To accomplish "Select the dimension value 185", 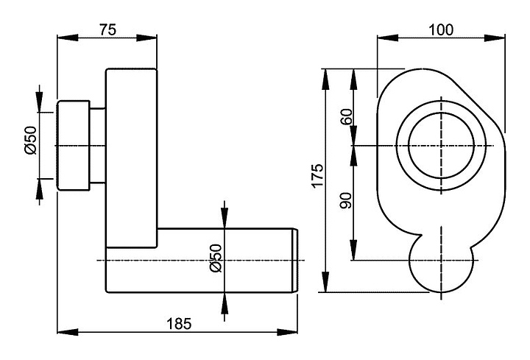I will tap(179, 322).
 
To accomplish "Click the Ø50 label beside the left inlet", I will tap(30, 140).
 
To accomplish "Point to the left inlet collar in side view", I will tap(74, 146).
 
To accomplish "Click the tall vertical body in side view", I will tap(131, 147).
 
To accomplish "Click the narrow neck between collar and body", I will tap(98, 146).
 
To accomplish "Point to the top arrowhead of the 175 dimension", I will tap(325, 74).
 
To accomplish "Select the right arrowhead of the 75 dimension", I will tap(152, 39).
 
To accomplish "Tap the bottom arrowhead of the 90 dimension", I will tap(355, 255).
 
